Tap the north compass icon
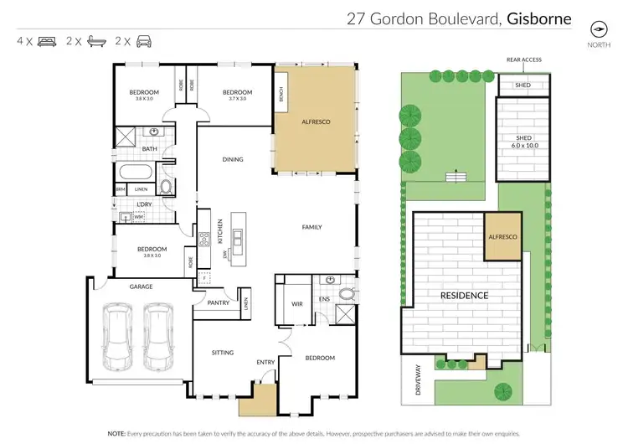click(x=598, y=28)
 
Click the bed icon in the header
click(x=46, y=40)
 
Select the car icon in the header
click(x=145, y=40)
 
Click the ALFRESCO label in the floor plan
click(x=316, y=122)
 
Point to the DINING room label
click(x=233, y=159)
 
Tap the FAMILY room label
click(x=311, y=227)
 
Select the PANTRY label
click(x=206, y=304)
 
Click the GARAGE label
click(x=141, y=287)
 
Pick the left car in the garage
click(x=116, y=337)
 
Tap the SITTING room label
click(x=222, y=353)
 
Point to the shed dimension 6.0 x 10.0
click(x=525, y=145)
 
